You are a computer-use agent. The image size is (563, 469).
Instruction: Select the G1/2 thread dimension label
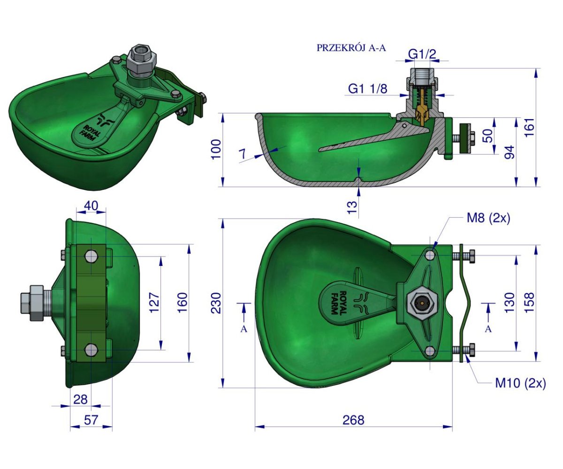[x=422, y=54]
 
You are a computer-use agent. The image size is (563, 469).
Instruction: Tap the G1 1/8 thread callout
[x=368, y=89]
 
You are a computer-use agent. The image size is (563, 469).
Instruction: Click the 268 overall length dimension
[x=353, y=420]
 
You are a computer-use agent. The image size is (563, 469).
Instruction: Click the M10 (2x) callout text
[x=521, y=383]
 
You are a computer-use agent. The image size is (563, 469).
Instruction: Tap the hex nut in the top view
[x=420, y=303]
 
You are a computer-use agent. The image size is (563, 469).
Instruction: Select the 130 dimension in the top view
[x=509, y=303]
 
